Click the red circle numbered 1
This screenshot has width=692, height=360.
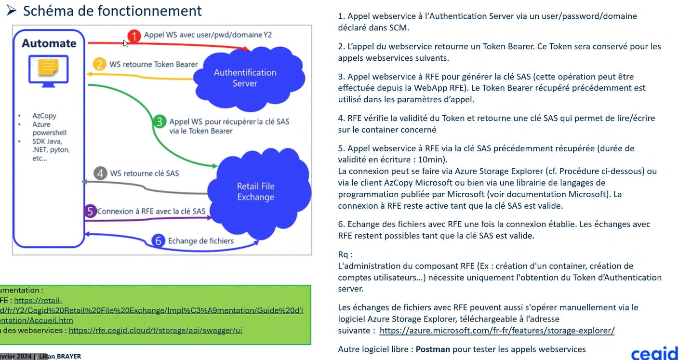134,35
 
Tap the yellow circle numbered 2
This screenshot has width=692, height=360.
99,64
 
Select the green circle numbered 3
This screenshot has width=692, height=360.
160,121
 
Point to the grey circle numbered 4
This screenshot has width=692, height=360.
100,173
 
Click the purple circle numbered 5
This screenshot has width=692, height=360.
90,211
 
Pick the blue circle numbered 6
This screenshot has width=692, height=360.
158,241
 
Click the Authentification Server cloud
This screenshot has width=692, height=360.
245,78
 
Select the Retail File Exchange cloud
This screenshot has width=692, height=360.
255,191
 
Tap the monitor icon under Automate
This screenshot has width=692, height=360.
49,71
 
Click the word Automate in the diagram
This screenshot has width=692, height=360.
49,43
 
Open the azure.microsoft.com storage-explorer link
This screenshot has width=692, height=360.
497,331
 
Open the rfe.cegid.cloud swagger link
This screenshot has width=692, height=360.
155,331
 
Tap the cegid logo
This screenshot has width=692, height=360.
654,353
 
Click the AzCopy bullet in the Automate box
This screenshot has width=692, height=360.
44,116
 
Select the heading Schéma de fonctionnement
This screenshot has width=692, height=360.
112,11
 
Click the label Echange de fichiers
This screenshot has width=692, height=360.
200,241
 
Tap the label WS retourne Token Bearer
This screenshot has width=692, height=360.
153,64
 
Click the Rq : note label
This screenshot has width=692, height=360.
346,254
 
